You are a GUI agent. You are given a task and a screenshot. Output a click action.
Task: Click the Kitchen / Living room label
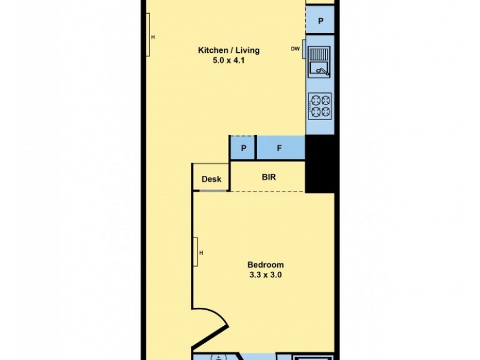pyautogui.click(x=229, y=50)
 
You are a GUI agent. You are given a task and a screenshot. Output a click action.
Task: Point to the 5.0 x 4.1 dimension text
pyautogui.click(x=229, y=60)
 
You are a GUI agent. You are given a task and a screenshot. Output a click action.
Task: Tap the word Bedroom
pyautogui.click(x=265, y=265)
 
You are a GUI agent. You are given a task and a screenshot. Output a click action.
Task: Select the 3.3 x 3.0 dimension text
pyautogui.click(x=265, y=275)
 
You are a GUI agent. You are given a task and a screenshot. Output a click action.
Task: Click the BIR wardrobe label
pyautogui.click(x=268, y=178)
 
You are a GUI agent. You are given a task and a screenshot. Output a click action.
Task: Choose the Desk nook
pyautogui.click(x=211, y=179)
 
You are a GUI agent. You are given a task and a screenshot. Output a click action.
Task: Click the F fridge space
pyautogui.click(x=280, y=148)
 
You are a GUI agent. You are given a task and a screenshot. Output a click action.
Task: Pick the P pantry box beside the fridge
pyautogui.click(x=244, y=148)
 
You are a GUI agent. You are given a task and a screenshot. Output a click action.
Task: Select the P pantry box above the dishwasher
pyautogui.click(x=320, y=22)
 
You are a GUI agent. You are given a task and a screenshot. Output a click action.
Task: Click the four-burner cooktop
pyautogui.click(x=320, y=106)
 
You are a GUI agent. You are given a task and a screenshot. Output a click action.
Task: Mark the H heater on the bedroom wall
pyautogui.click(x=196, y=252)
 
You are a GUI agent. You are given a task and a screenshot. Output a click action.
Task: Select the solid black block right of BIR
pyautogui.click(x=319, y=163)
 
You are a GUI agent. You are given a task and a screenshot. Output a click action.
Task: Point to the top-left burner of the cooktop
pyautogui.click(x=314, y=101)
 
